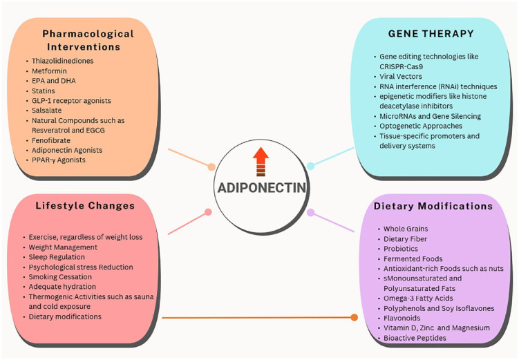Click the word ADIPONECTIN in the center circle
(261, 187)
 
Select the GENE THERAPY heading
(431, 33)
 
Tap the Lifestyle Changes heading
(85, 205)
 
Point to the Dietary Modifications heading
(433, 206)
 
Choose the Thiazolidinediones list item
(62, 61)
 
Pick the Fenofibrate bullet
(52, 140)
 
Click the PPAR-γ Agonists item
(59, 160)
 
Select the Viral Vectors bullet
(401, 77)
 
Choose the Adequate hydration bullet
(62, 286)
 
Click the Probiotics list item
(402, 249)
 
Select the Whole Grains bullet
(406, 229)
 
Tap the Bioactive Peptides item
(415, 338)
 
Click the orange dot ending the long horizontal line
(355, 317)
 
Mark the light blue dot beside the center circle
(311, 166)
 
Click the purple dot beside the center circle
(311, 212)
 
